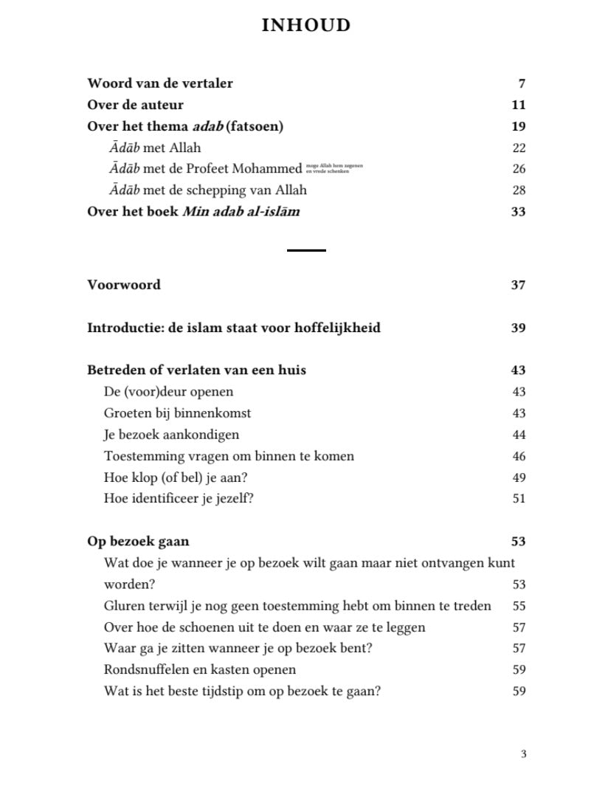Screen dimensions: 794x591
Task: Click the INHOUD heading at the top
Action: coord(305,26)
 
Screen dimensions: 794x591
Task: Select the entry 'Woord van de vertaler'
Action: coord(160,83)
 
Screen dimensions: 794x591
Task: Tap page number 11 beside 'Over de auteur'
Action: coord(518,105)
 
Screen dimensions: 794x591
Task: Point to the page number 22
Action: coord(519,148)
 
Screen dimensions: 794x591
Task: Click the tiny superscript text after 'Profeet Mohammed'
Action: coord(333,168)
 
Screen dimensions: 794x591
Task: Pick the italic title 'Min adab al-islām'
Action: coord(241,212)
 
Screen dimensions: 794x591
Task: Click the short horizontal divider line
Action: coord(306,251)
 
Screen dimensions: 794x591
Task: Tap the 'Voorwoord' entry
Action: coord(124,285)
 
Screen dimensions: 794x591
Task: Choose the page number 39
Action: coord(518,328)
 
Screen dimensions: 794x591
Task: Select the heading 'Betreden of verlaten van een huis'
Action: coord(196,370)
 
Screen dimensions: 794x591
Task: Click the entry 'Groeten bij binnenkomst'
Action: coord(177,413)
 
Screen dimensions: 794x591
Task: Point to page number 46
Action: coord(519,456)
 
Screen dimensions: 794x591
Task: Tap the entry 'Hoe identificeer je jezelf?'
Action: coord(179,498)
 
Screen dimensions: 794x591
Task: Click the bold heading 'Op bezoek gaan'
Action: coord(138,541)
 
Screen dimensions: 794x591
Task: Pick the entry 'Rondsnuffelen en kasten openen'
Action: coord(199,670)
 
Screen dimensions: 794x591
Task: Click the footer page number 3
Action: coord(524,754)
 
